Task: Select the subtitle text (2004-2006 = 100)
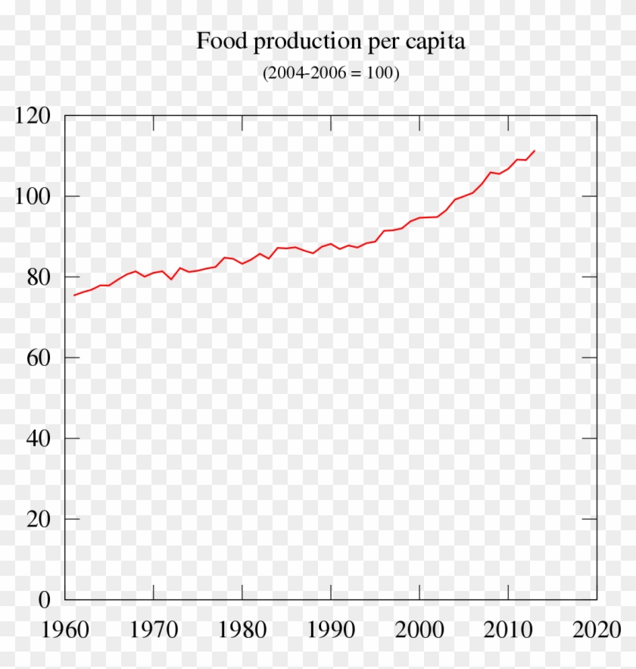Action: point(331,73)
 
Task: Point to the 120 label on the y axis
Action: point(33,116)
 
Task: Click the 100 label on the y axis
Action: point(33,196)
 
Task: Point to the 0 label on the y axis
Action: point(44,599)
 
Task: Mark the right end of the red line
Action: point(535,151)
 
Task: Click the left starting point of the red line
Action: point(73,295)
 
